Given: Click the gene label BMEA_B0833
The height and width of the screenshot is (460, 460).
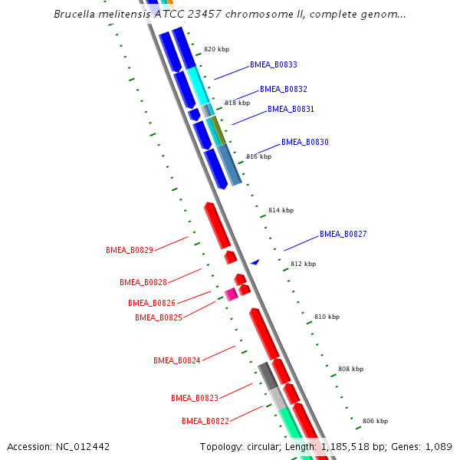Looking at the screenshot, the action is coord(274,65).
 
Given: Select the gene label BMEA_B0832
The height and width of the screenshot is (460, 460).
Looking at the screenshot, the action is coord(284,89).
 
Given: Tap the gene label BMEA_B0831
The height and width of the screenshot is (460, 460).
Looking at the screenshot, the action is coord(291,109).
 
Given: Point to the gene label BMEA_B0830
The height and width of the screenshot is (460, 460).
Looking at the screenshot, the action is coord(304,142).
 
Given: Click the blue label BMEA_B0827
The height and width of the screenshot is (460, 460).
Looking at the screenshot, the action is coord(343,234).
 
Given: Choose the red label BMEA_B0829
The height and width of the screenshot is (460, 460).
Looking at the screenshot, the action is coord(130,250).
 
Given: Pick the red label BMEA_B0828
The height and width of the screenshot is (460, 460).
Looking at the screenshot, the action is coord(143,282).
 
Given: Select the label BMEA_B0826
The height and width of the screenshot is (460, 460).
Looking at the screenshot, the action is coord(152,303).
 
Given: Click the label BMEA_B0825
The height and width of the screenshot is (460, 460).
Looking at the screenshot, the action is coord(159,317).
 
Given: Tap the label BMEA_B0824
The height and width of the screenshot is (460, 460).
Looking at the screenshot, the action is coord(177,360).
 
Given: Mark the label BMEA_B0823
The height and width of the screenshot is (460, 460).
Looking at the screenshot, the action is coord(195,398).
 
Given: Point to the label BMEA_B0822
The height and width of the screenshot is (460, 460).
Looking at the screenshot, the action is coord(205,421).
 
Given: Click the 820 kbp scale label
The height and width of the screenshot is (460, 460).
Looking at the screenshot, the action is coord(216,49).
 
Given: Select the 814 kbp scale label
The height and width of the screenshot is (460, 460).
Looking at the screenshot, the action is coord(281,210).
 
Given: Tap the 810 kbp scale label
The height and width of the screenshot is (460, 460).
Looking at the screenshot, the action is coord(327,316).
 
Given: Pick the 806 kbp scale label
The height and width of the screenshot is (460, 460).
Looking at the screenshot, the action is coord(375,421).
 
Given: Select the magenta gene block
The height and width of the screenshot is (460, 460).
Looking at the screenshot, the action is coord(231,294).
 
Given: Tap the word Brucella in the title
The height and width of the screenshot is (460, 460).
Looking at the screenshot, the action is coord(76,15).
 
